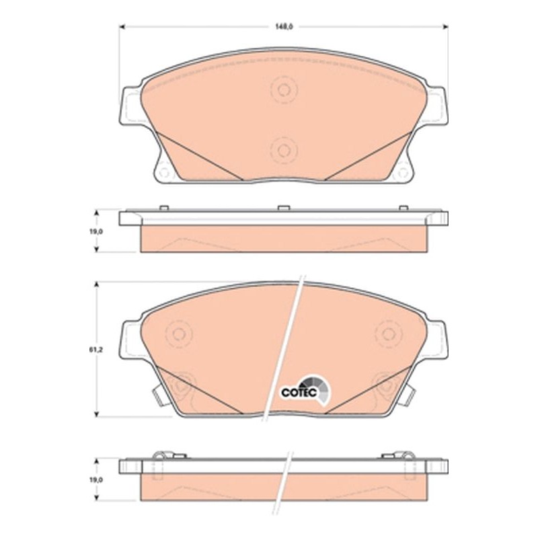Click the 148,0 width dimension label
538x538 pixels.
(x=284, y=27)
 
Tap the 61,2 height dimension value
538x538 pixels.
(x=99, y=350)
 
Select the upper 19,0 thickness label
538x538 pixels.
(x=96, y=231)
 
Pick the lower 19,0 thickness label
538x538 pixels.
(x=96, y=479)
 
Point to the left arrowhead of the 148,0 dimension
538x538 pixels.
(x=122, y=27)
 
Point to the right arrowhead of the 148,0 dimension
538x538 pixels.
(x=446, y=27)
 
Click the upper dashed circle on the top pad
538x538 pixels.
(x=284, y=90)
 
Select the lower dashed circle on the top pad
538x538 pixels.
(x=284, y=150)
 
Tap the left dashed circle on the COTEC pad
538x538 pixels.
(x=179, y=334)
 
